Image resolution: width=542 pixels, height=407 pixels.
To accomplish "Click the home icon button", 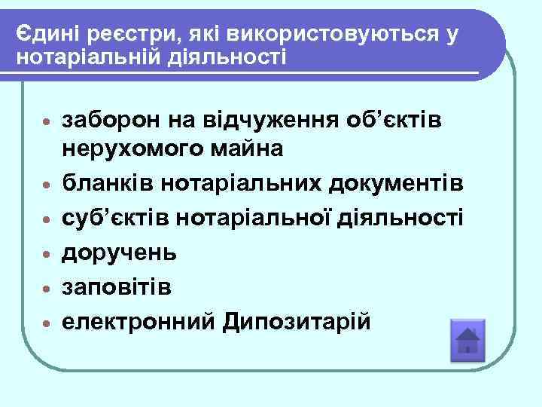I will [467, 341].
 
